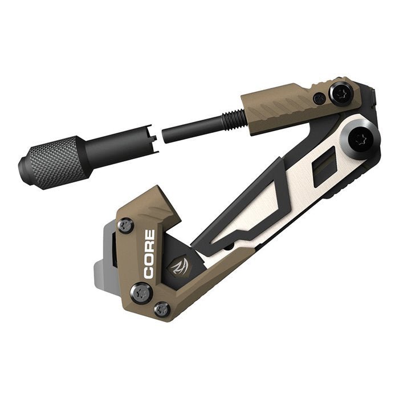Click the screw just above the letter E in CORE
pos(127,227)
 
